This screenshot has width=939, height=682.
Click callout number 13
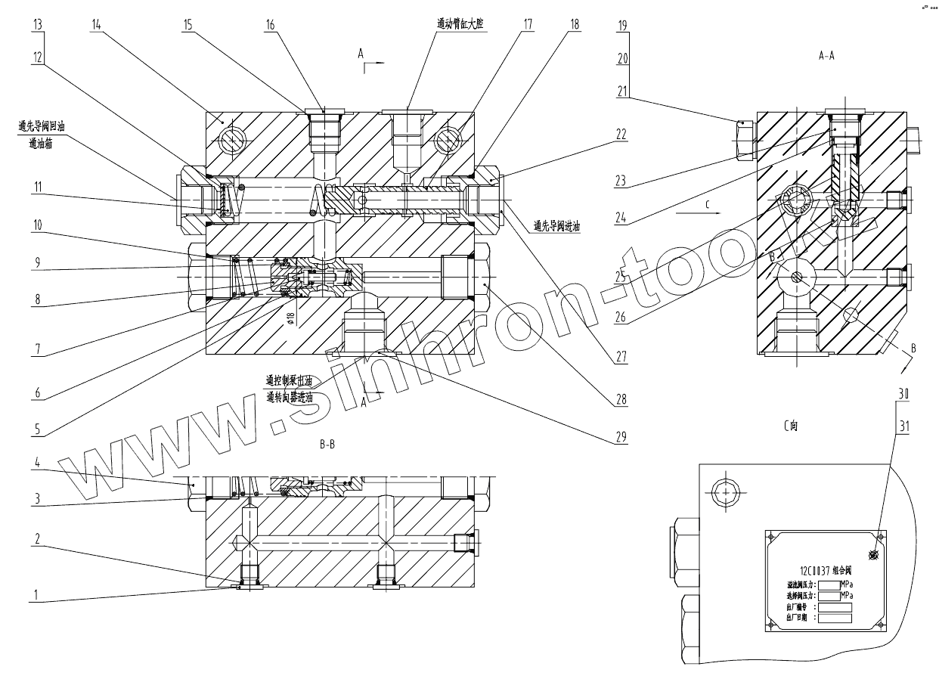(38, 23)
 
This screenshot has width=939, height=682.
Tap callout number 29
(621, 437)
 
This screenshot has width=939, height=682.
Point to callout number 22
(621, 136)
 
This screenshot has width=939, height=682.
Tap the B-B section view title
(327, 445)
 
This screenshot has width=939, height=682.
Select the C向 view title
(790, 426)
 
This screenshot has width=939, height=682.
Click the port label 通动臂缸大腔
(460, 24)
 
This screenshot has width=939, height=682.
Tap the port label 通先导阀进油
(556, 225)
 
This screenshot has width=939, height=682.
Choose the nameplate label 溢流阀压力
(802, 585)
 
